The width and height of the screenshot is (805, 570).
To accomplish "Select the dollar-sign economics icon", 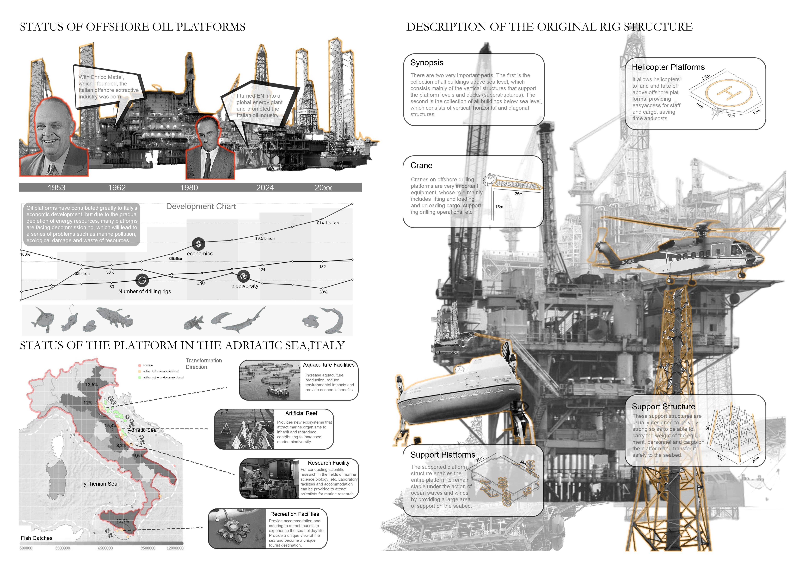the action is click(x=198, y=244).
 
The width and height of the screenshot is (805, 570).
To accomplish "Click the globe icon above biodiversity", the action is click(x=243, y=276).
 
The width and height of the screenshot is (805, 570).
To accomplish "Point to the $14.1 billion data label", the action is click(x=328, y=223).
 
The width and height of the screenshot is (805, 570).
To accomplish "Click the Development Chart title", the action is click(x=201, y=206).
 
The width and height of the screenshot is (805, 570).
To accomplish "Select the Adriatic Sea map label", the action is click(x=142, y=430).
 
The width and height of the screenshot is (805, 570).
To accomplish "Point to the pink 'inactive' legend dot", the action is click(x=140, y=365).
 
